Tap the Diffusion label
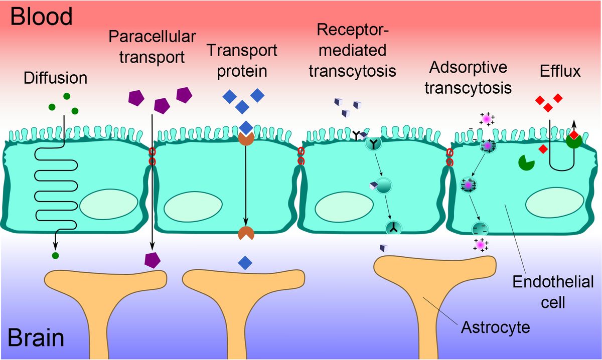coord(55,78)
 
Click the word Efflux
coord(560,71)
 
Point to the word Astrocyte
coord(495,329)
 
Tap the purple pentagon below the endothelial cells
coord(153,259)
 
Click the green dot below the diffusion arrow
coord(55,256)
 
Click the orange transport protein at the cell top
coord(245,139)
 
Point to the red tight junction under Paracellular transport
coord(152,156)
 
